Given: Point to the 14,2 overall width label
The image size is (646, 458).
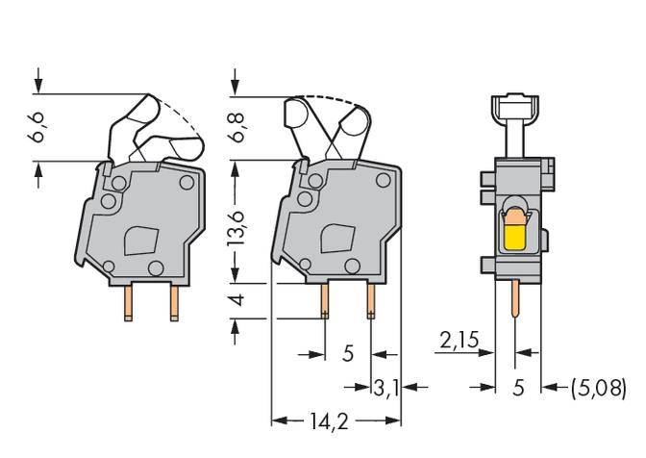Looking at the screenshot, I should (x=335, y=420).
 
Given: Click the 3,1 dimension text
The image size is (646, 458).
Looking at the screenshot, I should (x=385, y=388).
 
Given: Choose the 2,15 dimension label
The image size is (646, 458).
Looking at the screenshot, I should (x=459, y=341).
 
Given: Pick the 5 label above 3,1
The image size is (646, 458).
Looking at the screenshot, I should (x=348, y=354).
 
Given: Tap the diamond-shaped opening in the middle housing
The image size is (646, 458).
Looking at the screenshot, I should (x=336, y=239).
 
